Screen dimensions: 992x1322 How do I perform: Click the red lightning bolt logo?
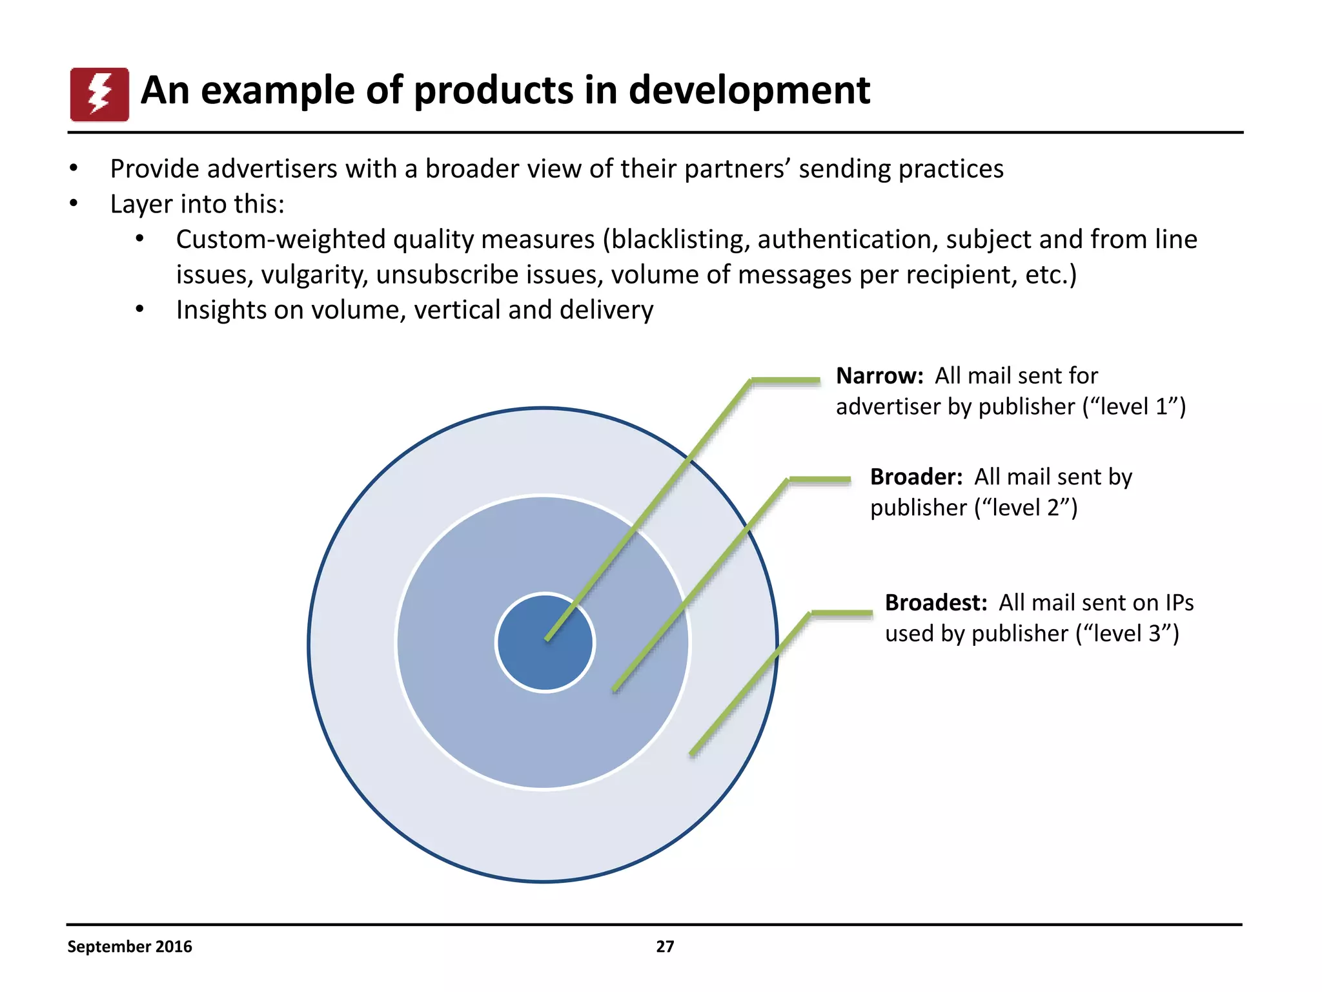pos(99,94)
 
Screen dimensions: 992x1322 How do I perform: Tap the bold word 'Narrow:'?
pos(879,376)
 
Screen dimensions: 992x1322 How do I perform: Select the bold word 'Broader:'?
pos(916,477)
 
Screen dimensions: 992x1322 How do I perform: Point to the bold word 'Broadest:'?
pos(935,603)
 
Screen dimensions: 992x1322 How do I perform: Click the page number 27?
pos(665,946)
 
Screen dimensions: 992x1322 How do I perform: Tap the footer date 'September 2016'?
pos(130,946)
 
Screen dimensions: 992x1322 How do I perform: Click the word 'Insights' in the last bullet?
pos(221,310)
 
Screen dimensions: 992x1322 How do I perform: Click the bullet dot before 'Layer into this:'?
pos(74,204)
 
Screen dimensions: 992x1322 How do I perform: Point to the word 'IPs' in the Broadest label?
pos(1179,603)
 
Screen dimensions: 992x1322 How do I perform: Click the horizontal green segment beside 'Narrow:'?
pos(786,381)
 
